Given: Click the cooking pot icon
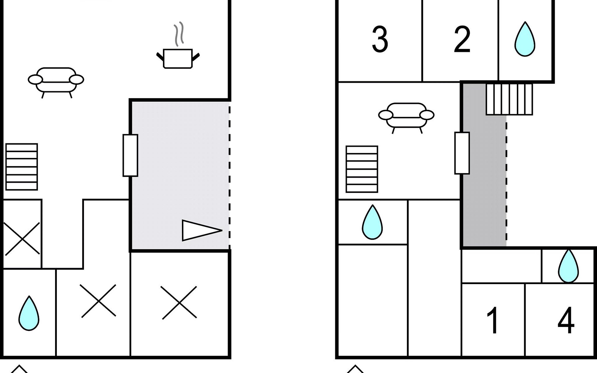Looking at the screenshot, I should pos(178,58).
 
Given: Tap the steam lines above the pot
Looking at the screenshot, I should pos(179,34).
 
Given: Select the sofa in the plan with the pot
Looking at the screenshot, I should pos(56,80).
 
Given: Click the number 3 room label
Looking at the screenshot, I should pos(380,39).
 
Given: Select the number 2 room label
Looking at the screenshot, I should pos(462,39).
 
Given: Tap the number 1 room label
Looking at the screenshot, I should pos(493,320).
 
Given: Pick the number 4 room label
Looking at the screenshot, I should pos(566,320).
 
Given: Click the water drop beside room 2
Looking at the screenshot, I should pos(525,39).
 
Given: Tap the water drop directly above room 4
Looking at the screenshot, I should pos(568,266).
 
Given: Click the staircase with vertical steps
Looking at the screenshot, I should pos(509,99).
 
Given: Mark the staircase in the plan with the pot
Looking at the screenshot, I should pos(22,167).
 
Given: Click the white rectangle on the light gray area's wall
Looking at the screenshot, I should pos(130,155).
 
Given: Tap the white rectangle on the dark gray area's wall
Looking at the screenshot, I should pos(462,153).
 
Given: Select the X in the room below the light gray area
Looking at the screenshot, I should pos(179,302).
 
